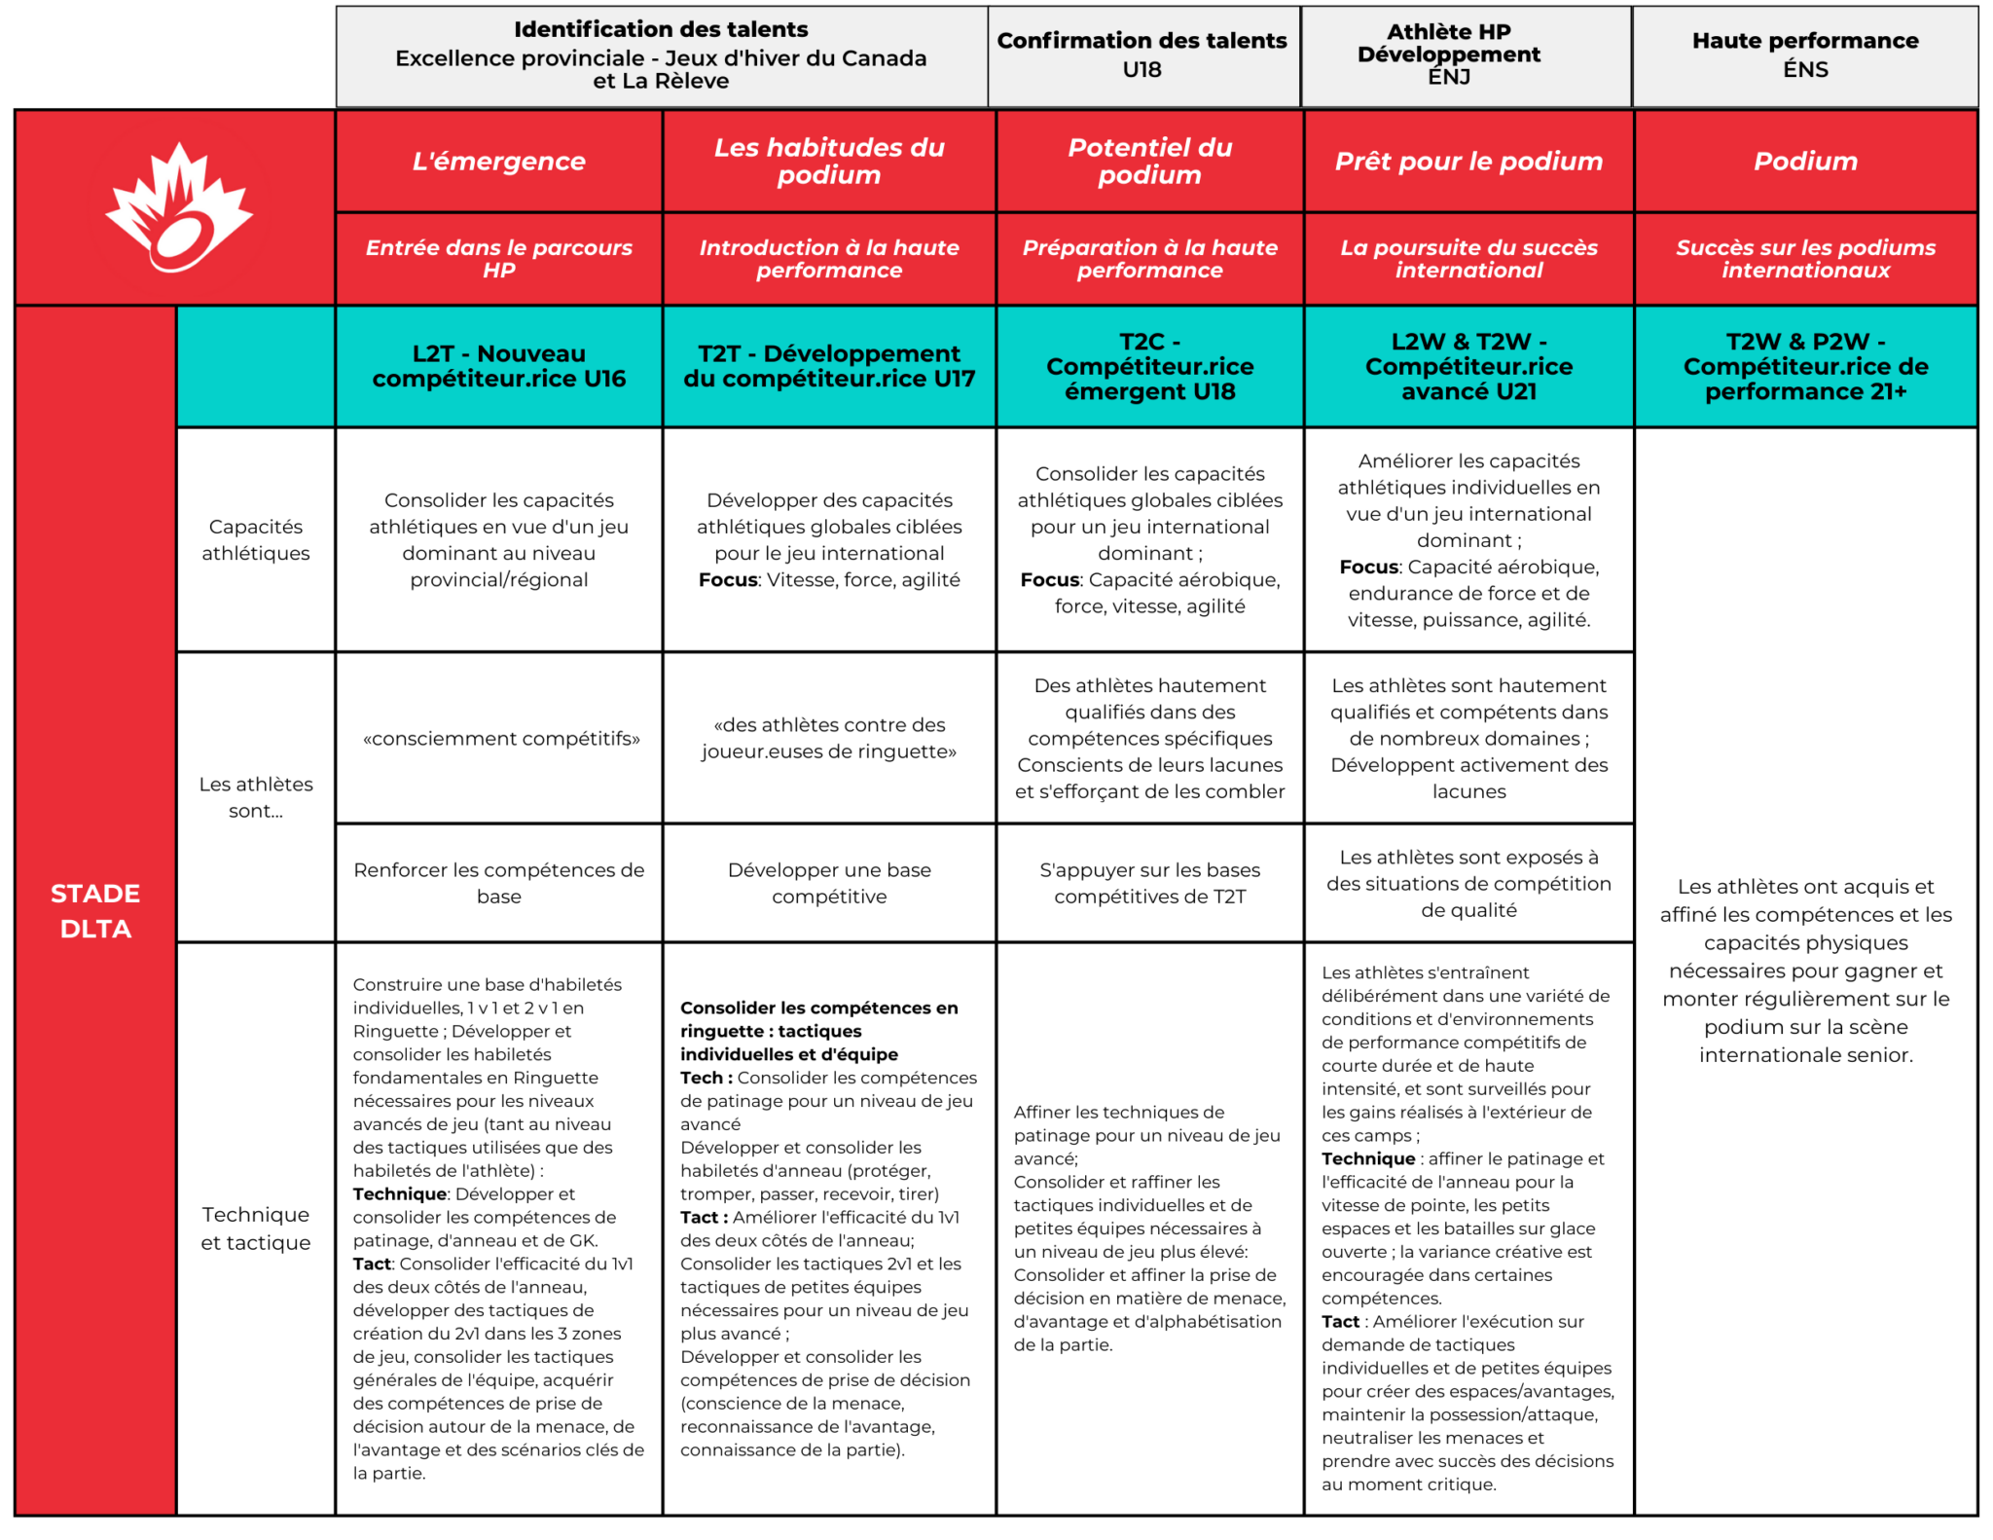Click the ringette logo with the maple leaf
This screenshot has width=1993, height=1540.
[x=178, y=207]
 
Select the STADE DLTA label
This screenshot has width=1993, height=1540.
[x=95, y=910]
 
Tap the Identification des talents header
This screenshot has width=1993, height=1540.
[x=661, y=55]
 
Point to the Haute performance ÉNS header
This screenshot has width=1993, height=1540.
[x=1804, y=55]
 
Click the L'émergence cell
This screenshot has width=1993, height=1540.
[x=498, y=162]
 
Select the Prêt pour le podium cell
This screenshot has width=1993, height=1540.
[x=1468, y=162]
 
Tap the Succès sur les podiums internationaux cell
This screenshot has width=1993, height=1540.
[x=1804, y=259]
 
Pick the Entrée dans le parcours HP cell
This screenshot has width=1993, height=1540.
[x=498, y=259]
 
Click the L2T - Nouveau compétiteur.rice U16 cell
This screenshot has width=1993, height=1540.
[x=498, y=366]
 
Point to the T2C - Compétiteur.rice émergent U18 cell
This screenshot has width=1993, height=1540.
[x=1149, y=366]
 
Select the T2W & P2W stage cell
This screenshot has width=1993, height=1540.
[x=1804, y=366]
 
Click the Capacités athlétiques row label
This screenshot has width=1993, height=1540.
[x=256, y=539]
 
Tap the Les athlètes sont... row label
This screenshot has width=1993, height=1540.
[x=256, y=796]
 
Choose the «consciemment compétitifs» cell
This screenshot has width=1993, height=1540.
[x=500, y=739]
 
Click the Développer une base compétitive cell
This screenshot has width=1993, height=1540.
[x=829, y=883]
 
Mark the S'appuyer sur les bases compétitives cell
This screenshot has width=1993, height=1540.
[x=1149, y=883]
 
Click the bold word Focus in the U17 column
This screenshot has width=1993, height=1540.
[x=728, y=580]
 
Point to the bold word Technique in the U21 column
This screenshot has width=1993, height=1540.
[x=1367, y=1158]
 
